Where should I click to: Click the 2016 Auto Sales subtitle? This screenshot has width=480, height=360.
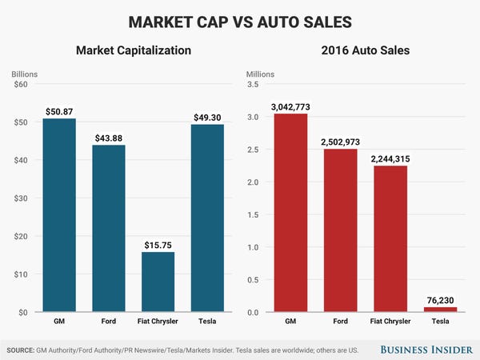366,50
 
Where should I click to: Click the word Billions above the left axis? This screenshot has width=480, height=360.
25,74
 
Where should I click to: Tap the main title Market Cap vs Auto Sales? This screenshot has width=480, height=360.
240,19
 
